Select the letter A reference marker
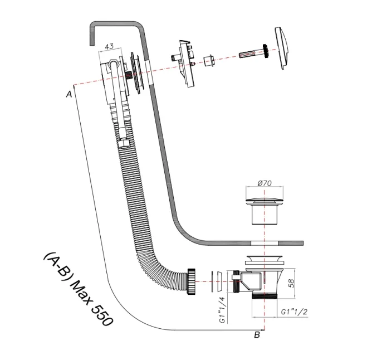(x=68, y=95)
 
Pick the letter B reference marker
(x=257, y=334)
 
